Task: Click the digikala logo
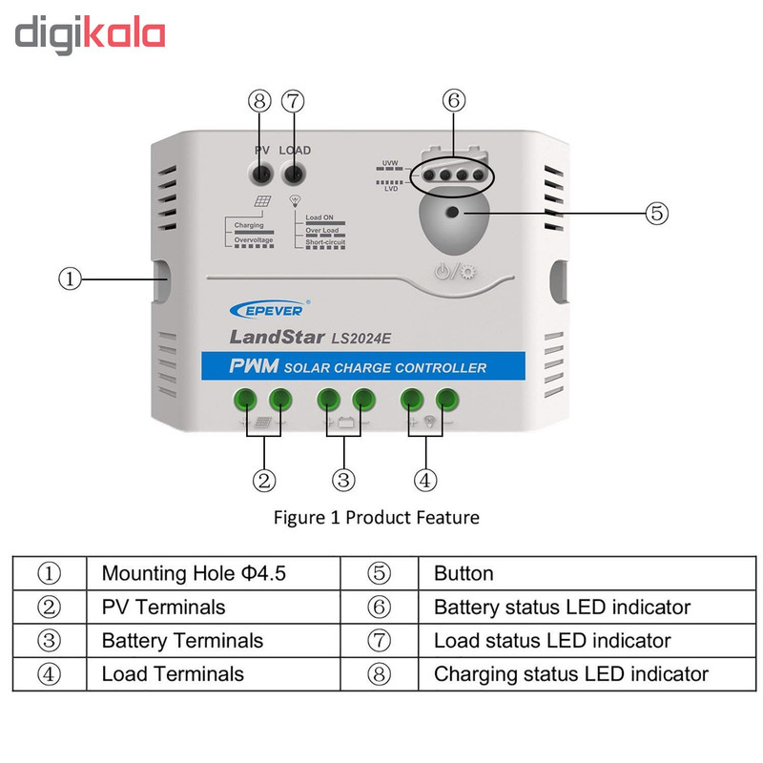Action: (91, 34)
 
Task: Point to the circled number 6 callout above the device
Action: (454, 99)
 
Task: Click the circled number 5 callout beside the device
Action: (657, 213)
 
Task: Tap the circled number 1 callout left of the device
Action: (70, 279)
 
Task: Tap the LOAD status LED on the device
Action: (294, 174)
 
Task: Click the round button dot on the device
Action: (452, 213)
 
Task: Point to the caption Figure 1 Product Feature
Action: (376, 517)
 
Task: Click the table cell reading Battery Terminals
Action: (182, 640)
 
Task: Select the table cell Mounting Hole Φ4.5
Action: (194, 573)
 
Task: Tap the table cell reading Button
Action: (464, 573)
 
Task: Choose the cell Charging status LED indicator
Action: (570, 673)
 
